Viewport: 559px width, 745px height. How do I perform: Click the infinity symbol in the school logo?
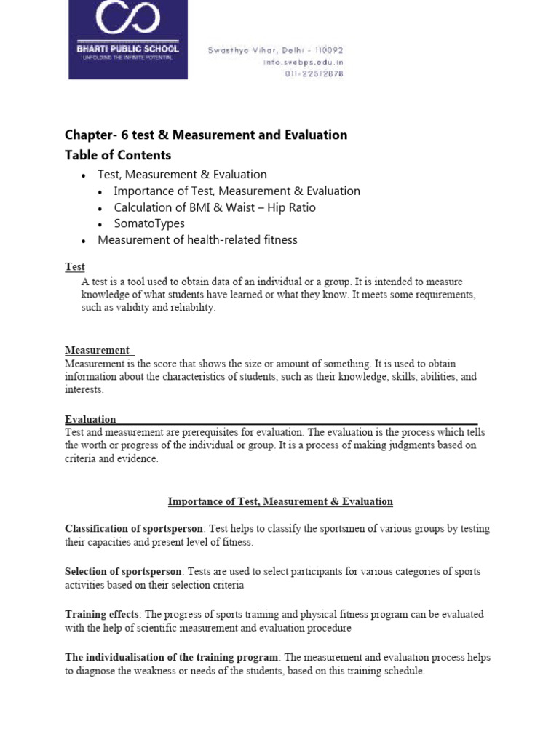[x=128, y=21]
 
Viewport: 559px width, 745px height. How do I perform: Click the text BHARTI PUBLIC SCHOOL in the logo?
[x=128, y=49]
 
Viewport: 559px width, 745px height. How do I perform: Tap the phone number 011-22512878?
[x=314, y=73]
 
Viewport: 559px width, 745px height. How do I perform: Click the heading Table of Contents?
[x=118, y=155]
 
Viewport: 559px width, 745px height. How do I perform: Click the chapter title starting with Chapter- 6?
[x=206, y=135]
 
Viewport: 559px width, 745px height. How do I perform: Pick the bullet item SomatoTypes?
[x=149, y=223]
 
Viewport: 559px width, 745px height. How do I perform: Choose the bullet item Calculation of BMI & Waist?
[x=215, y=207]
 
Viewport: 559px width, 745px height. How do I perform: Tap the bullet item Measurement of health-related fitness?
[x=197, y=239]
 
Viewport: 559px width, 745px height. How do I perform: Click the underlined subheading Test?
[x=75, y=267]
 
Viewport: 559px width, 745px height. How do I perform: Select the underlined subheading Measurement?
[x=98, y=350]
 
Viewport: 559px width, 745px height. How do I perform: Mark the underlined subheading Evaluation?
[x=90, y=419]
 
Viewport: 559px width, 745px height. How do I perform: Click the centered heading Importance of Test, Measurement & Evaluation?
[x=280, y=501]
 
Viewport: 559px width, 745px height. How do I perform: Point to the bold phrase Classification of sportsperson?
[x=134, y=528]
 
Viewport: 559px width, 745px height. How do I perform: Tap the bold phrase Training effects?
[x=101, y=614]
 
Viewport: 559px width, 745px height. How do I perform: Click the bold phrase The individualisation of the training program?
[x=171, y=657]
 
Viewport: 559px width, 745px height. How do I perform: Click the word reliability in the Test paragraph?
[x=194, y=308]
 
